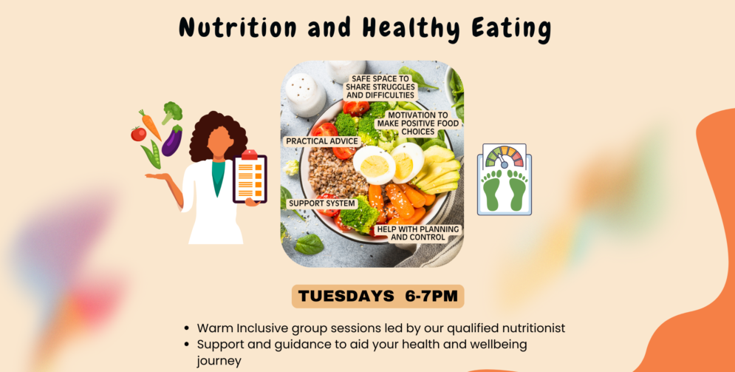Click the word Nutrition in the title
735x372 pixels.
click(237, 27)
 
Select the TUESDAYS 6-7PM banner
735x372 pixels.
click(377, 297)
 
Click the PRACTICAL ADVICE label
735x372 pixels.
click(322, 141)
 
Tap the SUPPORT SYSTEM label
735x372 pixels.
click(322, 203)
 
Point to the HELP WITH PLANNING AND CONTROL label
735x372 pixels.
click(418, 233)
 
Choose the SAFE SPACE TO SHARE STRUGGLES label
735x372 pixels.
click(380, 87)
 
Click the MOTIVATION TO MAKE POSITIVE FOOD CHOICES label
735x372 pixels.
click(418, 124)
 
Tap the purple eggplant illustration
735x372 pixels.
click(172, 141)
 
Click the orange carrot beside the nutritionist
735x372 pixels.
click(150, 124)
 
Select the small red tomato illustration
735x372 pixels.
click(138, 134)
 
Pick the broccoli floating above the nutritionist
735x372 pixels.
click(172, 112)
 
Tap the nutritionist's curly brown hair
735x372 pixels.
click(218, 136)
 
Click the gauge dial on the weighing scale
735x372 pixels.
click(505, 157)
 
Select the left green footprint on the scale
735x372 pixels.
click(493, 189)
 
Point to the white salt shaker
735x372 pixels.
click(305, 95)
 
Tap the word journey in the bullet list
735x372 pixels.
click(219, 362)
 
